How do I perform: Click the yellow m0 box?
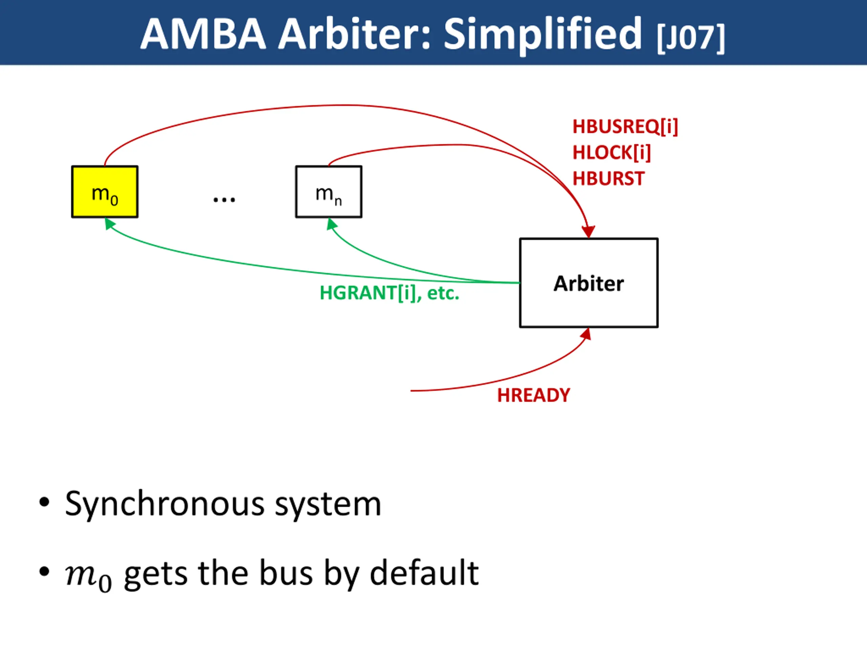pos(105,192)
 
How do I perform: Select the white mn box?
pos(329,192)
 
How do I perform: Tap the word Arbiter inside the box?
pos(588,283)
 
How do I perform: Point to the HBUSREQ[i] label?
pos(625,127)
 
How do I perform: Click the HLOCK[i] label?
pos(611,153)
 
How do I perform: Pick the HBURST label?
pos(608,179)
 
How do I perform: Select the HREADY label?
pos(533,395)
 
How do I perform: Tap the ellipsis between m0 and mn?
pos(224,200)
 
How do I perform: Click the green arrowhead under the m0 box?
pos(109,223)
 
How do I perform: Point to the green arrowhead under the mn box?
pos(331,224)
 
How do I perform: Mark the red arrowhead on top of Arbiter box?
pos(588,232)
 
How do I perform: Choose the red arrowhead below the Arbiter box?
pos(586,334)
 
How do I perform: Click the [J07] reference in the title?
pos(691,38)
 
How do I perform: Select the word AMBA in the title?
pos(203,34)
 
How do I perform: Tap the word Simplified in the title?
pos(543,34)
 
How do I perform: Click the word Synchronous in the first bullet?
pos(165,504)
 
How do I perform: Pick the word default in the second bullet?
pos(424,573)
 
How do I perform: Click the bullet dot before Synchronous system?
pos(44,502)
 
